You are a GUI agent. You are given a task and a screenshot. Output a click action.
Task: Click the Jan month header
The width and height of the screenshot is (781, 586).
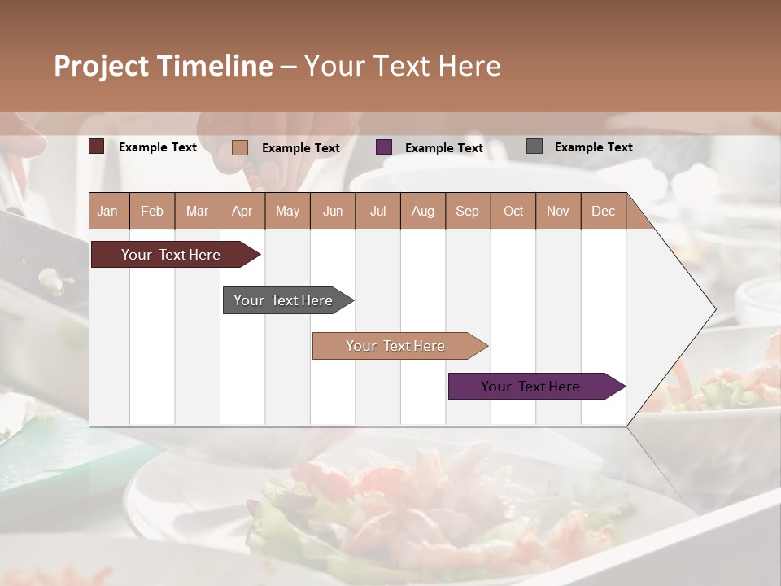click(x=108, y=211)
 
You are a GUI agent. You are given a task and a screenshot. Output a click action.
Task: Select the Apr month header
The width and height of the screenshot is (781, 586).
click(x=242, y=211)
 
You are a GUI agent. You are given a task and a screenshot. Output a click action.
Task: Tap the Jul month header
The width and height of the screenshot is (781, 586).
click(x=377, y=211)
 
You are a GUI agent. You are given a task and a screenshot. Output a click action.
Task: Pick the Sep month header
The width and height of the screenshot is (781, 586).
click(x=468, y=211)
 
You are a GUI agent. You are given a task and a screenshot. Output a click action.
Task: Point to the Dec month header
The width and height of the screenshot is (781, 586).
click(x=603, y=211)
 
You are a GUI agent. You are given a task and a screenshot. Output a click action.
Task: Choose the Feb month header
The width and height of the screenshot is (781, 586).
click(x=152, y=211)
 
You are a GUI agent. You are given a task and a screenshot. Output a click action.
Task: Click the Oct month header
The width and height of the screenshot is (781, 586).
click(x=513, y=211)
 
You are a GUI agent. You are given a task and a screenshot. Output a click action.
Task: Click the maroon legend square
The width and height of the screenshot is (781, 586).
click(x=97, y=146)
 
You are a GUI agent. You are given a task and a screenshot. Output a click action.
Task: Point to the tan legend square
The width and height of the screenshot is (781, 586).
click(x=240, y=147)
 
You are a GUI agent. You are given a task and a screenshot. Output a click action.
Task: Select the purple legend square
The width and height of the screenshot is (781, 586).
click(x=384, y=147)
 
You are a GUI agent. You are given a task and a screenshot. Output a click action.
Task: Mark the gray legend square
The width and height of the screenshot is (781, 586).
click(x=534, y=146)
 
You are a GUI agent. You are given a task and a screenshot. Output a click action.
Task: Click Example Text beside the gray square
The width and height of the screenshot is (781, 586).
click(x=594, y=146)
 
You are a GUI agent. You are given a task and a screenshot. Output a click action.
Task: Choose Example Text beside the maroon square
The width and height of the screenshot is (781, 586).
click(x=158, y=146)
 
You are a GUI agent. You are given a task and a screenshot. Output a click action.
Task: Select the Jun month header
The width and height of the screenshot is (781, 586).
click(x=333, y=211)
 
